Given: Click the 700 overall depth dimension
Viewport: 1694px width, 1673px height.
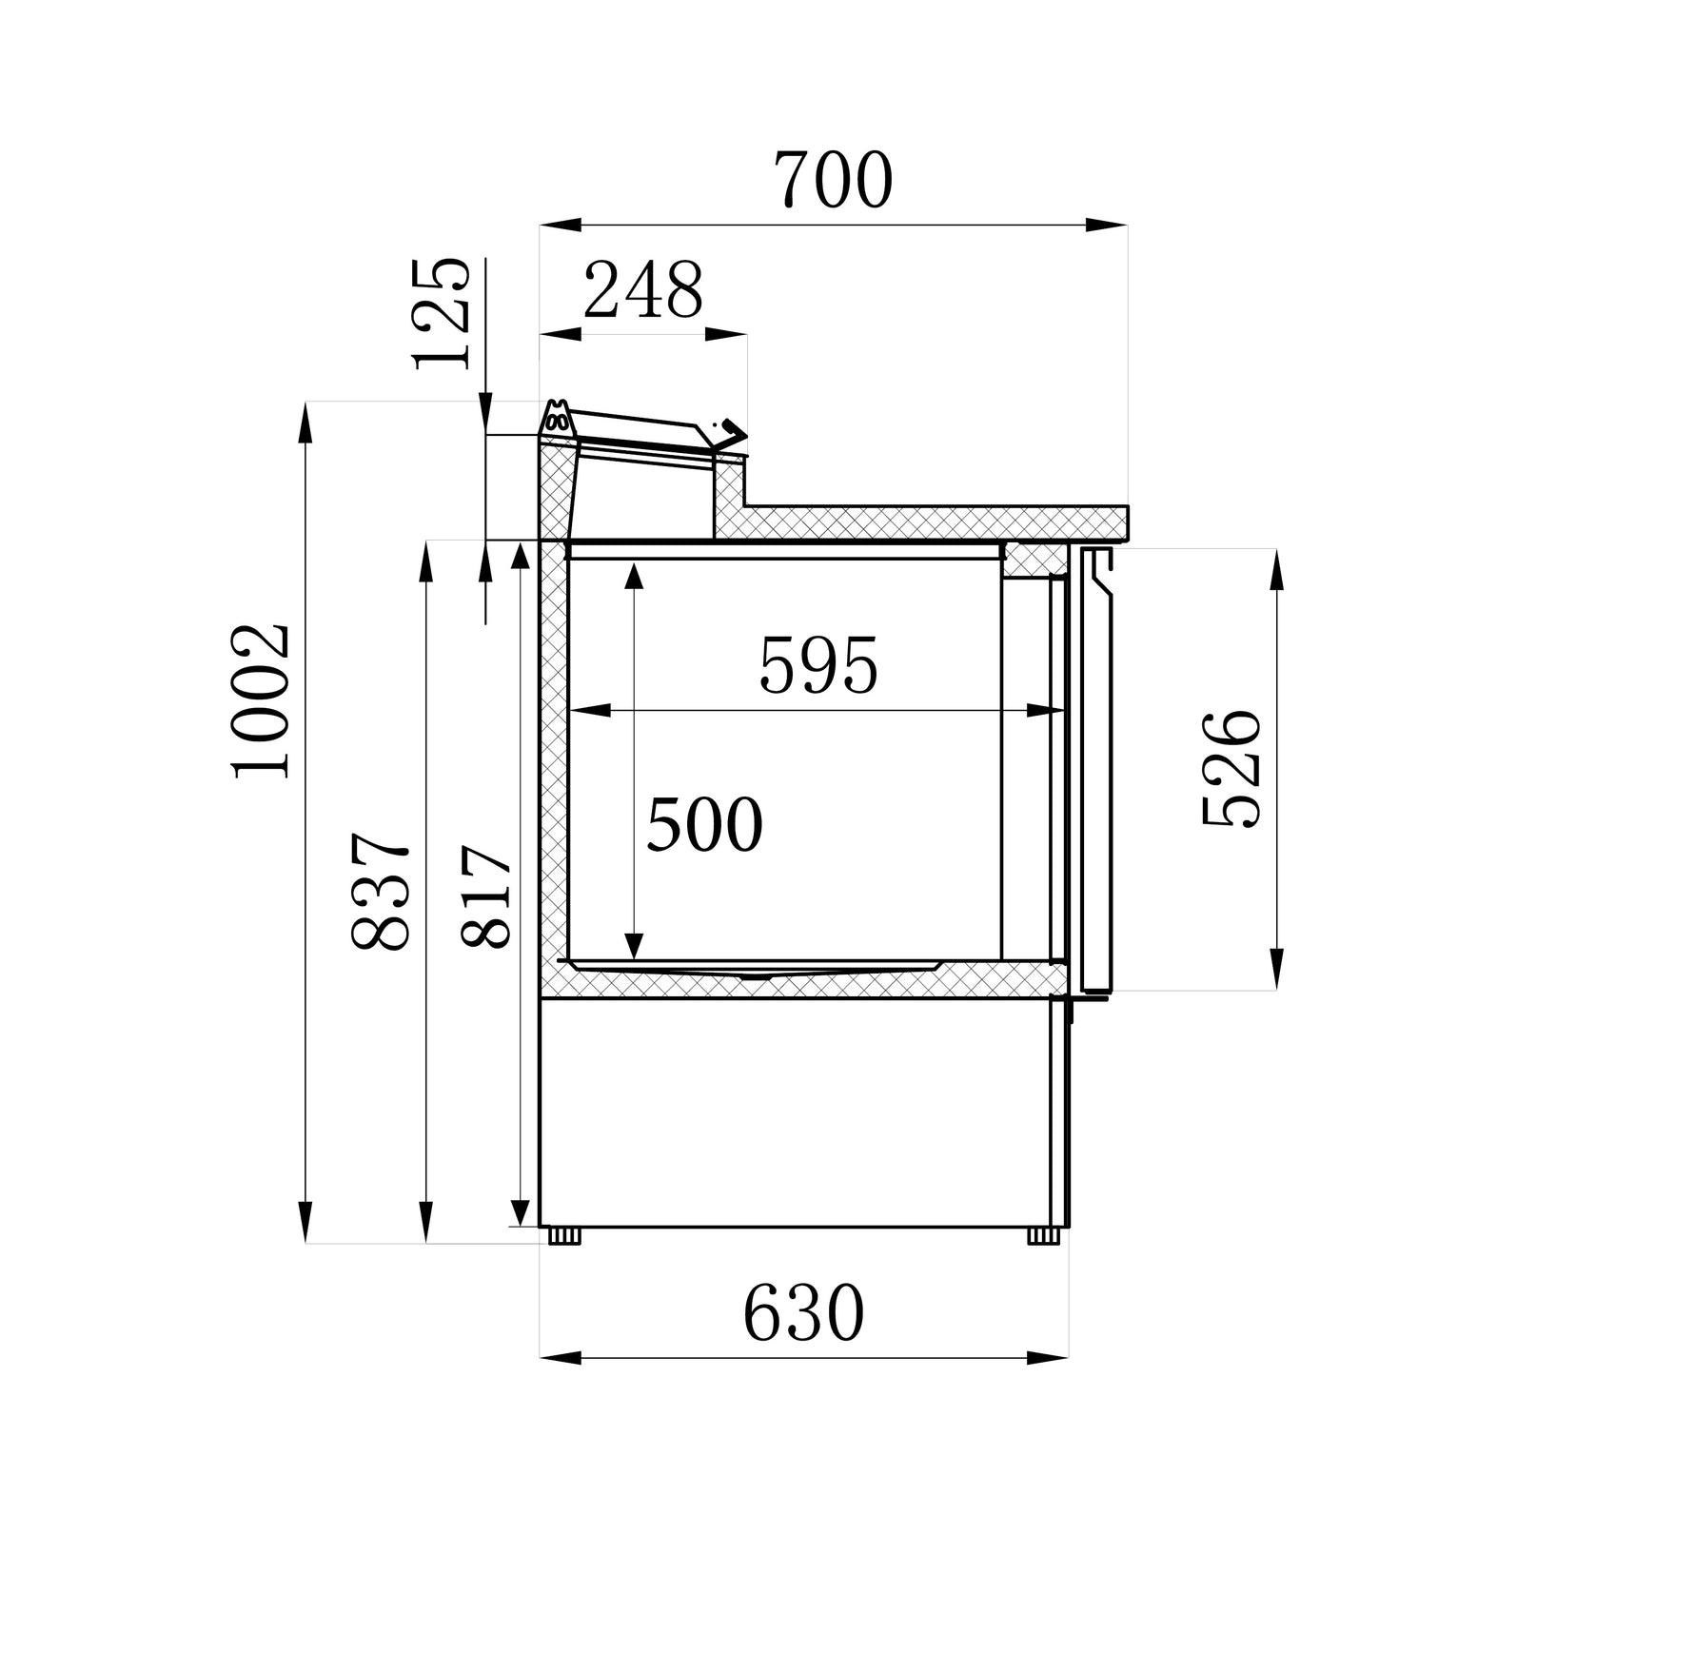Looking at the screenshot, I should click(833, 181).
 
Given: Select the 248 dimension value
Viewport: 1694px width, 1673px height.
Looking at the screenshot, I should click(643, 290).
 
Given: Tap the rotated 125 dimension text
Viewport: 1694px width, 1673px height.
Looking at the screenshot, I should click(443, 314).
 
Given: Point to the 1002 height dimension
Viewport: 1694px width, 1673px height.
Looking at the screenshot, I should click(261, 701).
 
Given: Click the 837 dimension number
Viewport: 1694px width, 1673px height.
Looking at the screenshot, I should click(381, 892).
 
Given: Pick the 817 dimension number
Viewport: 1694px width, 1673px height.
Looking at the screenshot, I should click(487, 896).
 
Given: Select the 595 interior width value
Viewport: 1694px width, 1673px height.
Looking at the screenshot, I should click(818, 666).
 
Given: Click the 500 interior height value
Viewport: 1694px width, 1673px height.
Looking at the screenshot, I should click(704, 825).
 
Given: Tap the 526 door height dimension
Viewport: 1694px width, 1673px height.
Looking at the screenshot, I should click(1231, 769).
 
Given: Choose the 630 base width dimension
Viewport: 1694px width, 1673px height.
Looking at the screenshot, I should click(804, 1314).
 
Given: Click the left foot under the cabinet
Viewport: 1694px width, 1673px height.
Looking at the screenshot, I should click(564, 1235).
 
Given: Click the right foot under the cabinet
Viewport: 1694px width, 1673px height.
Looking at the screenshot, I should click(1043, 1235).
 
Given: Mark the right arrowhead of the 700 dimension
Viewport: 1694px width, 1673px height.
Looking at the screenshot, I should click(1107, 226).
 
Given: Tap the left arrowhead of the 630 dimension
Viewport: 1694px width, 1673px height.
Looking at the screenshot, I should click(561, 1357).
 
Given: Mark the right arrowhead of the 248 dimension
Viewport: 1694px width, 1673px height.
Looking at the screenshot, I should click(727, 335).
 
